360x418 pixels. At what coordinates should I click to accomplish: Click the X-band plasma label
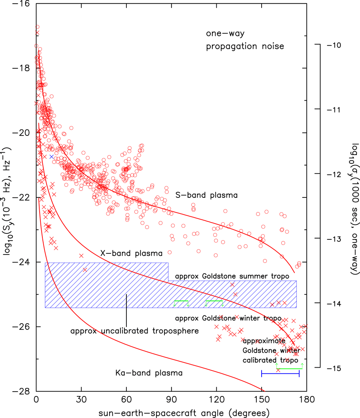[131, 253]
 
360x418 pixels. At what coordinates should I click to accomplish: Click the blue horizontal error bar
[280, 373]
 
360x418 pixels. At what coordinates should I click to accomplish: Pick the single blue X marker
[52, 156]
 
